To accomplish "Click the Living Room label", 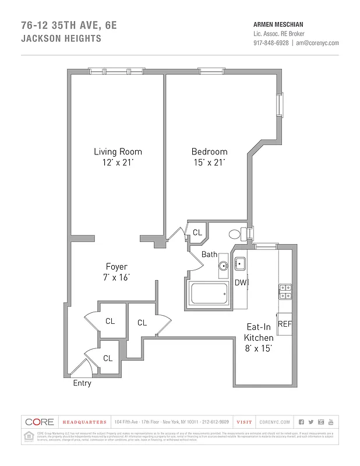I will pyautogui.click(x=118, y=151).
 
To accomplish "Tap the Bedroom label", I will pyautogui.click(x=209, y=151).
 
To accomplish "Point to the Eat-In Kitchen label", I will pyautogui.click(x=258, y=333).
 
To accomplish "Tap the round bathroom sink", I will pyautogui.click(x=223, y=266).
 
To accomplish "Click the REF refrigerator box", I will pyautogui.click(x=284, y=324).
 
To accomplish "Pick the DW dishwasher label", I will pyautogui.click(x=240, y=283).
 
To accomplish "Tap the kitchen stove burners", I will pyautogui.click(x=285, y=291).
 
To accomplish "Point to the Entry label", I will pyautogui.click(x=82, y=383).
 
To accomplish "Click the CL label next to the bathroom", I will pyautogui.click(x=197, y=232).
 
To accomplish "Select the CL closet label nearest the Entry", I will pyautogui.click(x=108, y=358).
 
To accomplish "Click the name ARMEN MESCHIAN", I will pyautogui.click(x=277, y=24).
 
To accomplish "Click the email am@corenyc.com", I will pyautogui.click(x=317, y=43).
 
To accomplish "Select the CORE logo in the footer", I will pyautogui.click(x=39, y=422).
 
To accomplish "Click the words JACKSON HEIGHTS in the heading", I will pyautogui.click(x=61, y=39).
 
